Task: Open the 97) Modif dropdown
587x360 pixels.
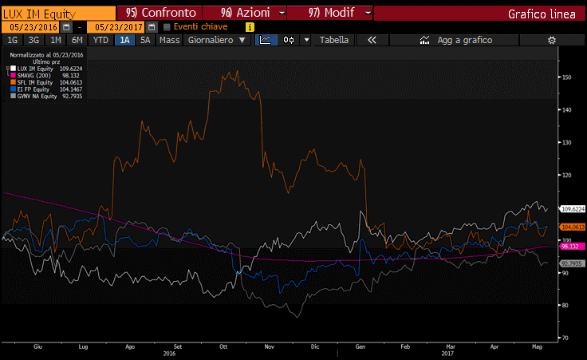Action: pyautogui.click(x=328, y=14)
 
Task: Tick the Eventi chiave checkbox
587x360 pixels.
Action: pyautogui.click(x=167, y=26)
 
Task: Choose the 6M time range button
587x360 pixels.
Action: pyautogui.click(x=77, y=39)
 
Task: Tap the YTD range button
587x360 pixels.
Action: pyautogui.click(x=100, y=39)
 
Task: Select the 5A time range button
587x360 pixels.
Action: pyautogui.click(x=144, y=39)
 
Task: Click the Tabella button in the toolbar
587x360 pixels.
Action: pyautogui.click(x=334, y=39)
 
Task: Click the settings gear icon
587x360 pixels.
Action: pyautogui.click(x=551, y=39)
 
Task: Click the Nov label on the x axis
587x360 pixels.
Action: pyautogui.click(x=269, y=346)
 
